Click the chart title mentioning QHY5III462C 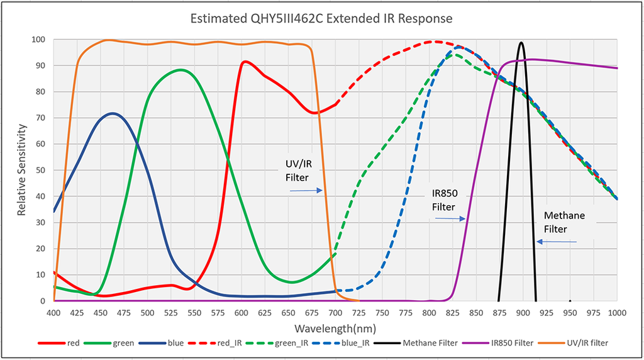(x=321, y=18)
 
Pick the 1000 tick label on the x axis (x=617, y=313)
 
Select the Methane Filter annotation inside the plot (x=564, y=222)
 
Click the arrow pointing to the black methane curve (x=556, y=241)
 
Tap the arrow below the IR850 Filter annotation (x=449, y=218)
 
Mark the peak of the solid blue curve (x=113, y=113)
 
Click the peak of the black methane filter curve (x=521, y=43)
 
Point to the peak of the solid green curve (x=181, y=70)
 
